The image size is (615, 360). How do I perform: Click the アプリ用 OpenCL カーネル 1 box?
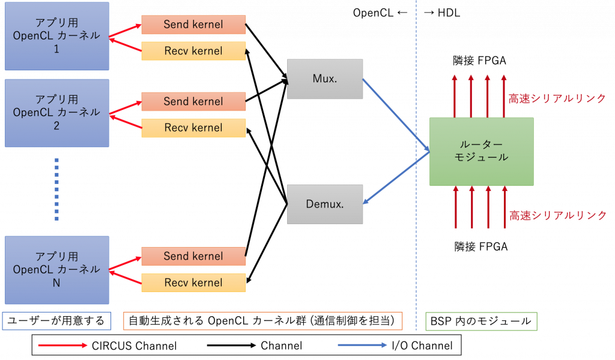[56, 36]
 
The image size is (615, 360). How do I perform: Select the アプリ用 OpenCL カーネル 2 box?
[56, 113]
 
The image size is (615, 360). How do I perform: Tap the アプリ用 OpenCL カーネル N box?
[56, 270]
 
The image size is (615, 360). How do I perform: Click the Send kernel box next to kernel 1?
[193, 25]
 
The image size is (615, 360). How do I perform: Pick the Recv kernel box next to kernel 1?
[193, 51]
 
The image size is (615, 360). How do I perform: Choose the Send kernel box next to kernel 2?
[193, 102]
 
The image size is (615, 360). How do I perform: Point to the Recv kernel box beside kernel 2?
[193, 128]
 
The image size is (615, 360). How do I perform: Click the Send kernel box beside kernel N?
[193, 256]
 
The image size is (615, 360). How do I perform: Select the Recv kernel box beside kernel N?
[193, 282]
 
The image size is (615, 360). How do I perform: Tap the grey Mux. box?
[325, 79]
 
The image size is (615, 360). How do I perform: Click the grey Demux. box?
[325, 204]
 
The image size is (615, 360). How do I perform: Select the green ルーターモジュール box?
[481, 151]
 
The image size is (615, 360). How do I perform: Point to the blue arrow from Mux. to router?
[396, 114]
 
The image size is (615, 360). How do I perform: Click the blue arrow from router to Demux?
[396, 178]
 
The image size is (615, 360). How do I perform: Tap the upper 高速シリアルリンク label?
[557, 99]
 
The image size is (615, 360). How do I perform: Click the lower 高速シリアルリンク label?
[557, 215]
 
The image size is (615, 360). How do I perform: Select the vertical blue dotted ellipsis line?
[56, 189]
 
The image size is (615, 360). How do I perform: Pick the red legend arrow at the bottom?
[63, 345]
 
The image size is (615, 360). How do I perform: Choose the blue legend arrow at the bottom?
[362, 345]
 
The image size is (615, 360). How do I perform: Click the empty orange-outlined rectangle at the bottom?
[262, 321]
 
